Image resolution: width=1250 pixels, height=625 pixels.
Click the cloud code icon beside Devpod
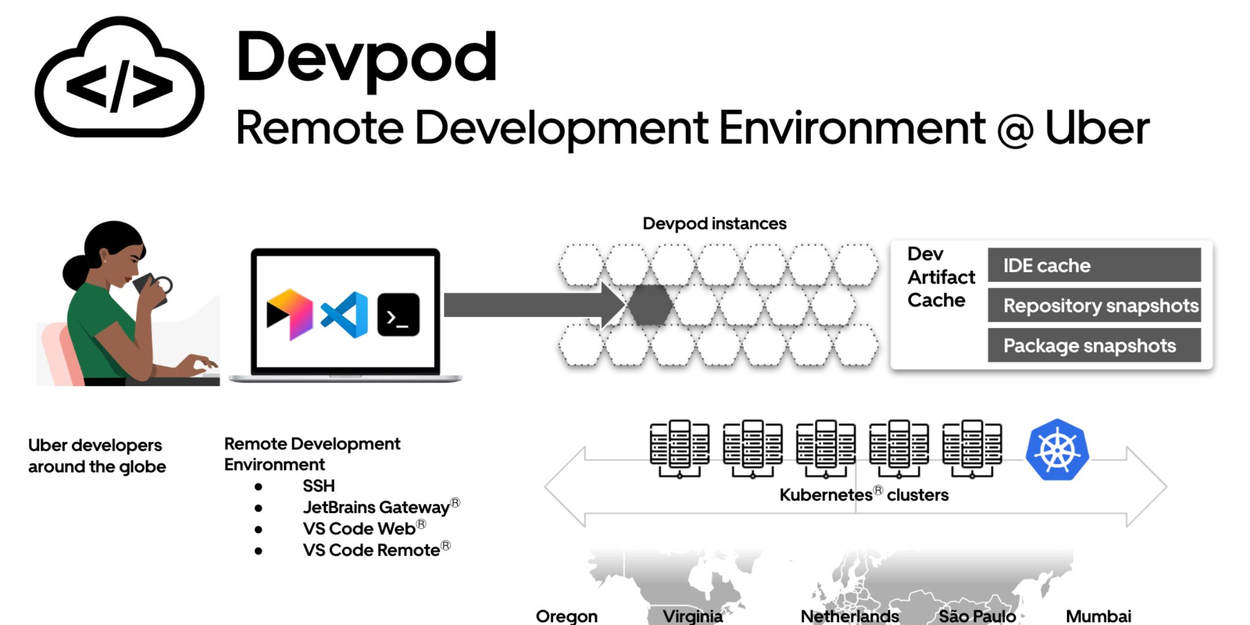[119, 78]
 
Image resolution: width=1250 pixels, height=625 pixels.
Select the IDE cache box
[1094, 265]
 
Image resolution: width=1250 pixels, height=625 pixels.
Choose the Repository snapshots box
[1094, 305]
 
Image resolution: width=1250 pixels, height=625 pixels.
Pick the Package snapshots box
[1094, 345]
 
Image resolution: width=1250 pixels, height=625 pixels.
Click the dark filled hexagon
[650, 305]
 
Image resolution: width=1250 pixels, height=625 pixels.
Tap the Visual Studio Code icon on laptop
[345, 315]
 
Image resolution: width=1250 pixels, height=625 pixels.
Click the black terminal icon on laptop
[398, 315]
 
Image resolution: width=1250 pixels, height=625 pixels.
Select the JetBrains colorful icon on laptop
[289, 315]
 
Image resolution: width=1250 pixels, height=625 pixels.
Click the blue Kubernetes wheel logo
[1057, 450]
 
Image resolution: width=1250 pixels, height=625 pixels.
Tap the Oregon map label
[567, 616]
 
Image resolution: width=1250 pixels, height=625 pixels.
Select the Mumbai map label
[1098, 616]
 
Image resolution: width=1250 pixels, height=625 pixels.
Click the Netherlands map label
[850, 616]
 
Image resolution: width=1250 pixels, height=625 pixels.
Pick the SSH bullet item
[318, 486]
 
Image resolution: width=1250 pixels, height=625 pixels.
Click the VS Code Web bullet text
[359, 528]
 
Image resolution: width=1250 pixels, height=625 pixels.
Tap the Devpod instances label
[714, 223]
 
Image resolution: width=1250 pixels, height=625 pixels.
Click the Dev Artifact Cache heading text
[940, 277]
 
